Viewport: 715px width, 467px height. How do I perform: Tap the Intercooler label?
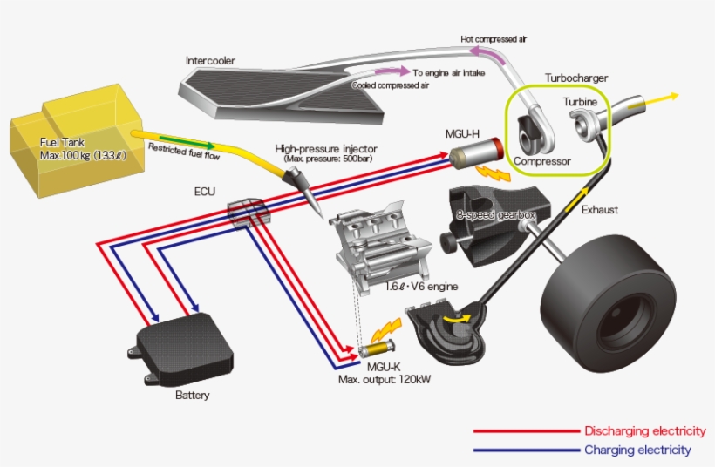[210, 60]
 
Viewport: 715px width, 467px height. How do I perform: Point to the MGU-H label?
[461, 133]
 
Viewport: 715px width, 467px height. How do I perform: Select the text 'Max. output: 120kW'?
[385, 380]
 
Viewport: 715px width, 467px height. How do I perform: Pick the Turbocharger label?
[576, 78]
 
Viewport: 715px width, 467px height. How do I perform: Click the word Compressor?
[541, 161]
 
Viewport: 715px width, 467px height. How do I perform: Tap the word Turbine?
[580, 102]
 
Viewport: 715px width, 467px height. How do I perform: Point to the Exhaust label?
[599, 209]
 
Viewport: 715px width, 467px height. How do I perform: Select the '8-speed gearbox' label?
[494, 214]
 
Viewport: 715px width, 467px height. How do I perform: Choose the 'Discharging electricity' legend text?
[644, 430]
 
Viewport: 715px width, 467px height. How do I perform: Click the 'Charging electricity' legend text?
[637, 450]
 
